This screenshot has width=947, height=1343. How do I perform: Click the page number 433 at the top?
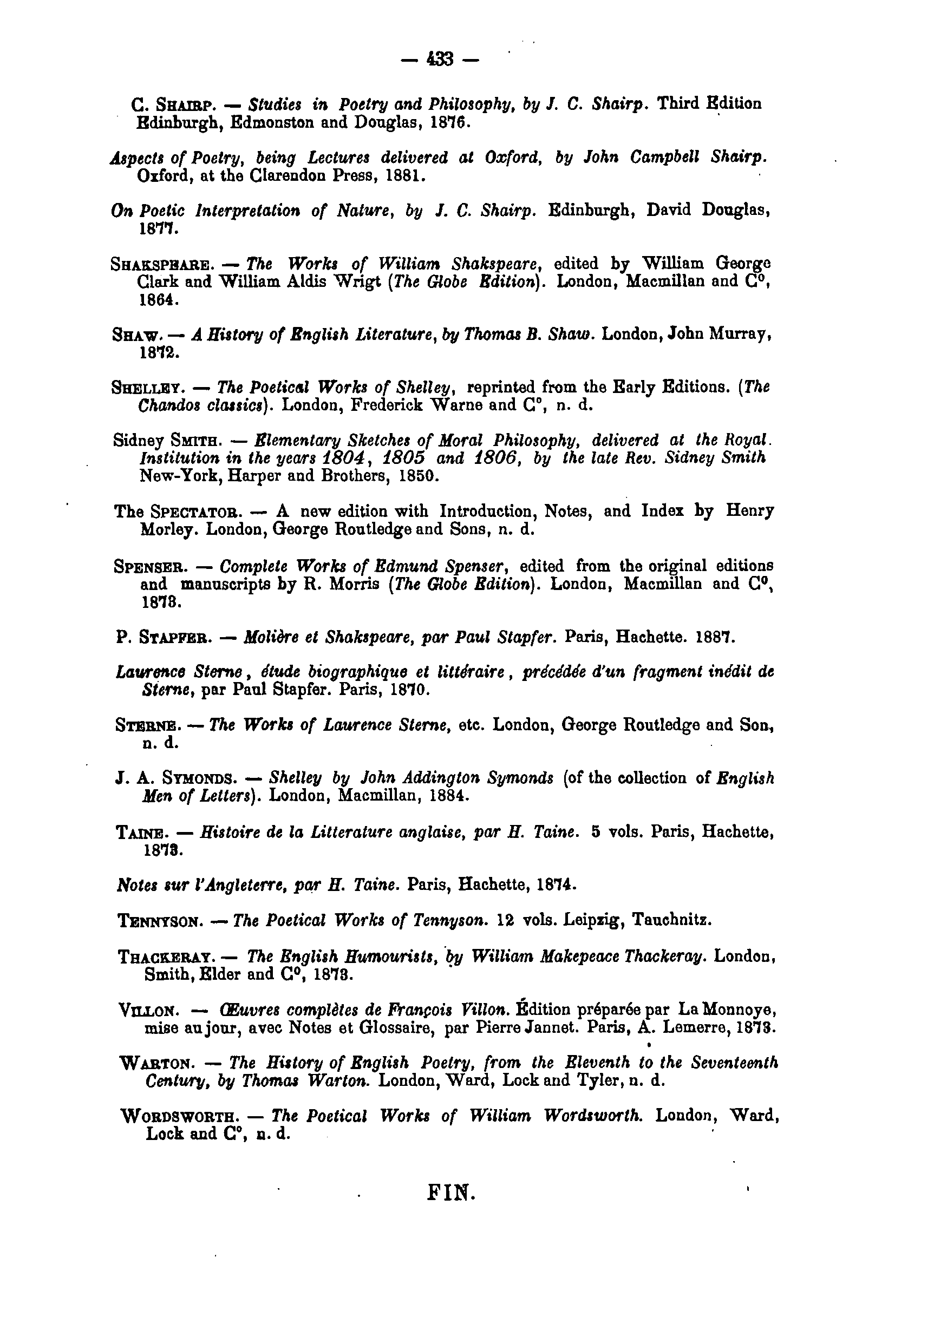(440, 59)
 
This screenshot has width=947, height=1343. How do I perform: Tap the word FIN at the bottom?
(452, 1191)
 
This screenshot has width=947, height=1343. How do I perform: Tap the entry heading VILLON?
(146, 1011)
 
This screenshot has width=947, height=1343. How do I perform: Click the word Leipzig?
(589, 921)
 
